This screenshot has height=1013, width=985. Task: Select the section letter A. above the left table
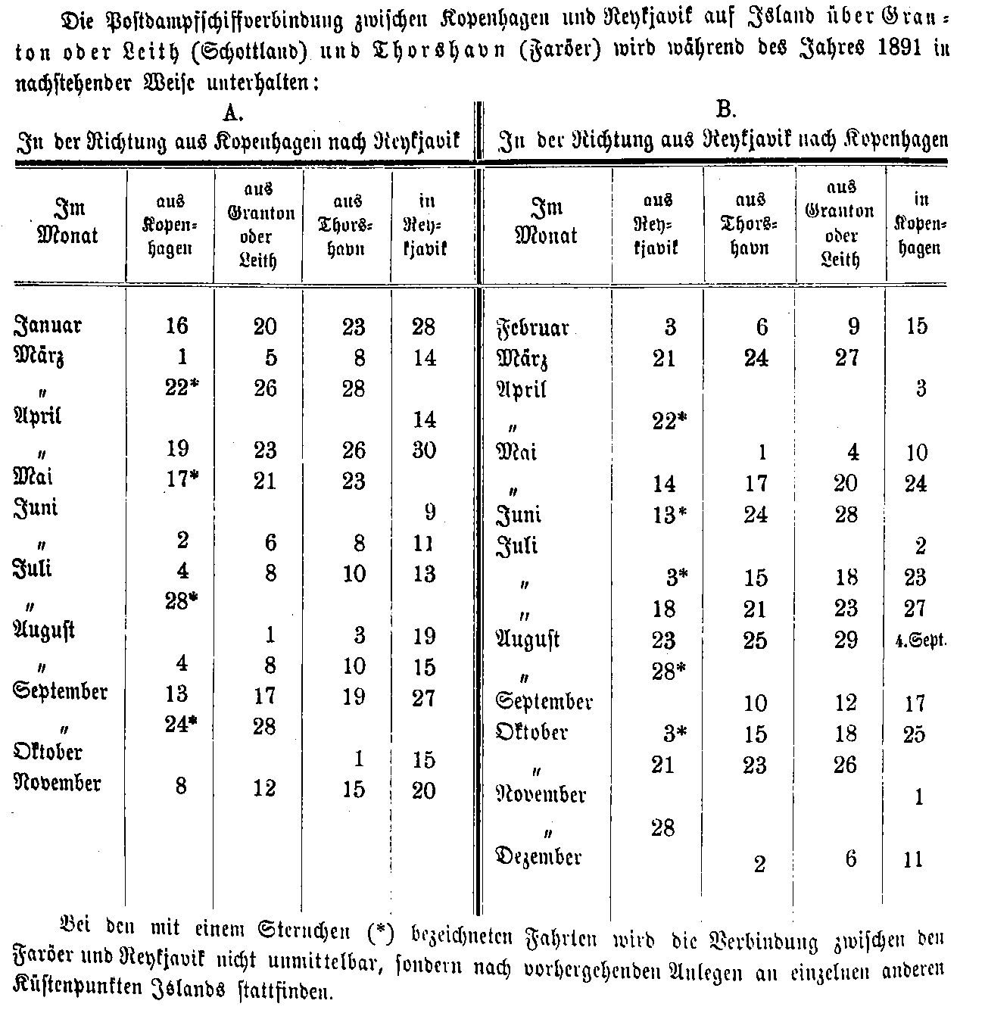[232, 113]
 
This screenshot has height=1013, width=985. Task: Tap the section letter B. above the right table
[725, 110]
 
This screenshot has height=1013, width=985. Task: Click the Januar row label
[48, 326]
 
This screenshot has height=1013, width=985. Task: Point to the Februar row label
[532, 329]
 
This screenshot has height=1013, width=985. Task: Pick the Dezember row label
[538, 856]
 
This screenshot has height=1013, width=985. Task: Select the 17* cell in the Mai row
[181, 480]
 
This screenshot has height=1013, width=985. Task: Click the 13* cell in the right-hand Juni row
[670, 515]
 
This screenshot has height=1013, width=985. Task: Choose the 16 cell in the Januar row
[176, 326]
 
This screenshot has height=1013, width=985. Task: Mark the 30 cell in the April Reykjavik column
[424, 450]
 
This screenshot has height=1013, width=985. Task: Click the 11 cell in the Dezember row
[914, 859]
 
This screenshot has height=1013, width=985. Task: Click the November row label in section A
[58, 784]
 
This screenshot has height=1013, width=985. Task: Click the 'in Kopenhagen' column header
[920, 224]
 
